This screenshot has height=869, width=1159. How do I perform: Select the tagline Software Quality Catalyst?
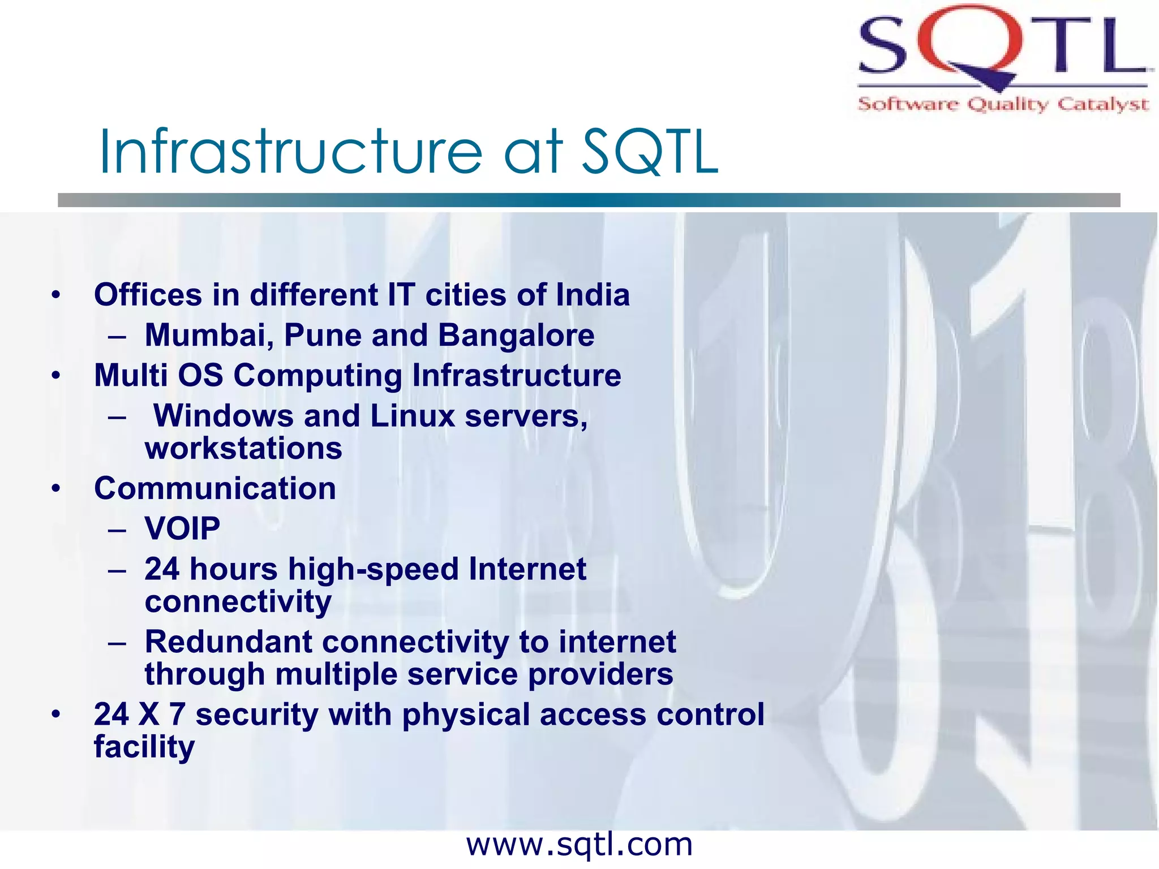pyautogui.click(x=1003, y=104)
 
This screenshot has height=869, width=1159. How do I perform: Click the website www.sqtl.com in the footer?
pyautogui.click(x=579, y=845)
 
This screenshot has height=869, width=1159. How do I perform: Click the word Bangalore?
pyautogui.click(x=516, y=335)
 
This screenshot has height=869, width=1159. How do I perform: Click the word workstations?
pyautogui.click(x=243, y=449)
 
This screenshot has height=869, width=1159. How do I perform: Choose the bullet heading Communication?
pyautogui.click(x=215, y=488)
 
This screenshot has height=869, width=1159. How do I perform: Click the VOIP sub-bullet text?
pyautogui.click(x=182, y=528)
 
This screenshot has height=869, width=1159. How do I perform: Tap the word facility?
pyautogui.click(x=144, y=747)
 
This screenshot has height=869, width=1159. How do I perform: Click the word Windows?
pyautogui.click(x=223, y=416)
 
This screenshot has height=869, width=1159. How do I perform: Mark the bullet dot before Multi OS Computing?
pyautogui.click(x=55, y=376)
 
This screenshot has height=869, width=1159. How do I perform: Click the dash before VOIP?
pyautogui.click(x=117, y=530)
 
